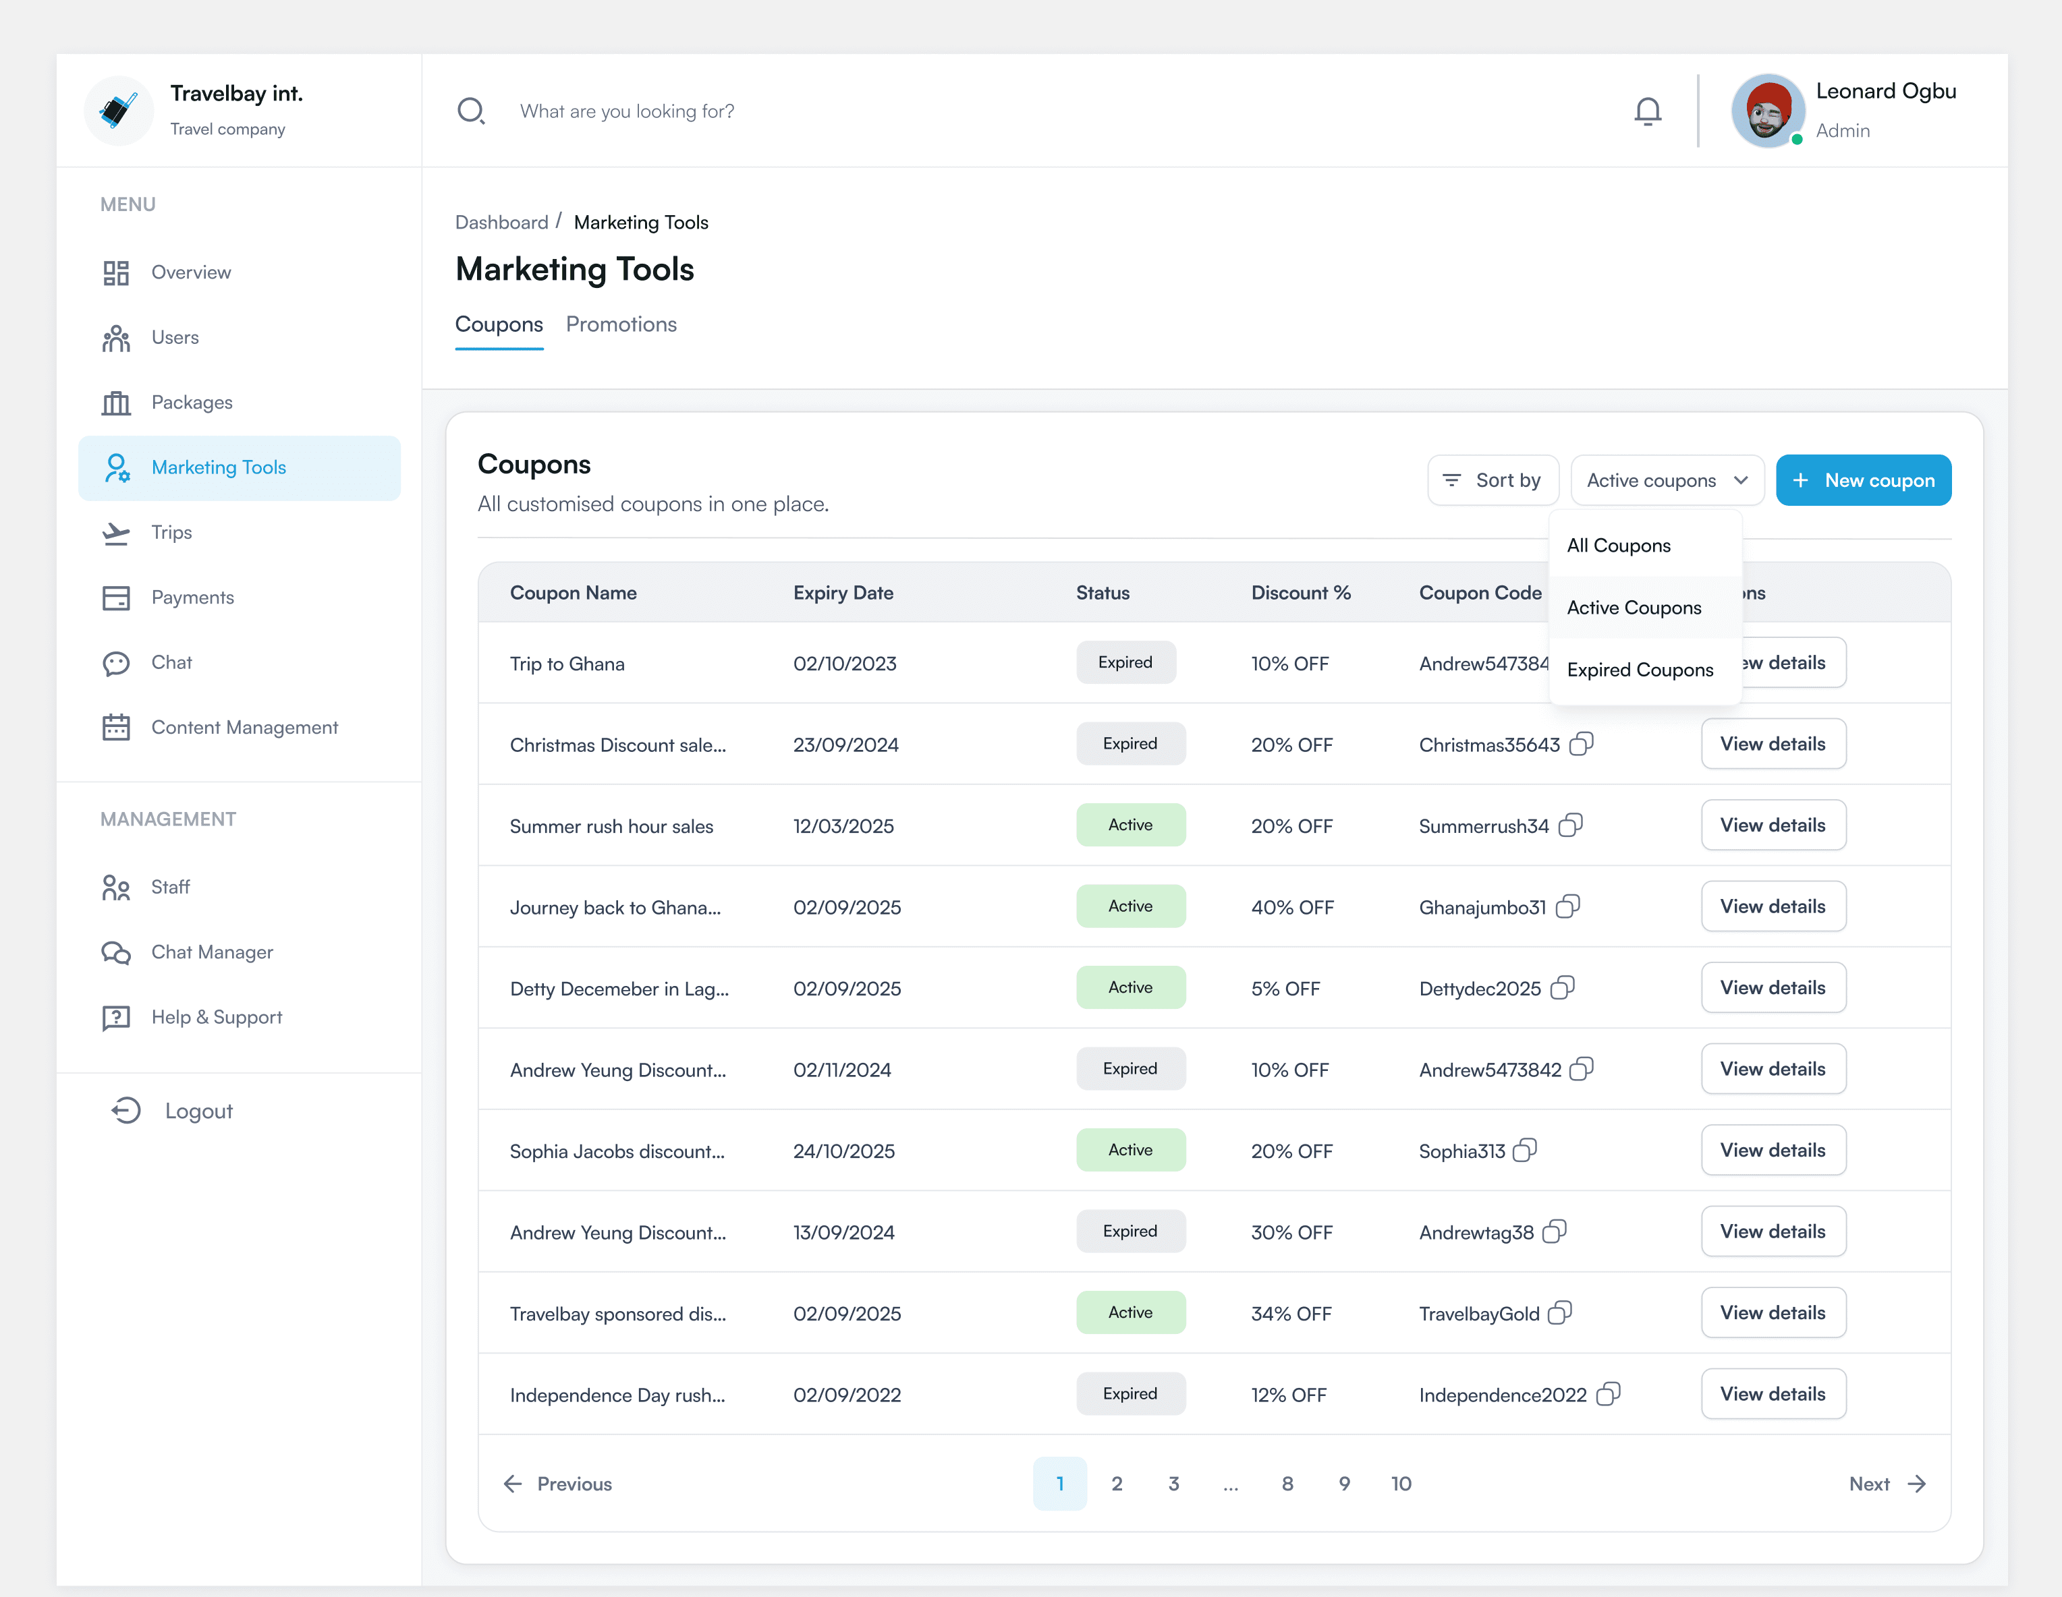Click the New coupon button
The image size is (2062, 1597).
click(1863, 480)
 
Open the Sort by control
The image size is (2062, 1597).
click(1493, 480)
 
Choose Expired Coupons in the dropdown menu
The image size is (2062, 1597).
click(1640, 670)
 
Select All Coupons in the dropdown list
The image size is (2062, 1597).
click(1618, 546)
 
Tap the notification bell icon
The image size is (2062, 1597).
click(1648, 111)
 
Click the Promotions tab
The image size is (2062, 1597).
click(621, 324)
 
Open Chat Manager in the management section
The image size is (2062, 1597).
click(211, 952)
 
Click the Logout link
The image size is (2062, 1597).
click(198, 1111)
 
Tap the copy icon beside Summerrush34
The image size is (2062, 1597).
click(1571, 826)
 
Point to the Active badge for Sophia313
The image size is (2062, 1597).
click(1130, 1151)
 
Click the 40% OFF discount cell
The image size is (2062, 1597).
click(1291, 908)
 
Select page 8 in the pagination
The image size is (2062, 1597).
click(1287, 1484)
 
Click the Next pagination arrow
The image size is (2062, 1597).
click(1887, 1484)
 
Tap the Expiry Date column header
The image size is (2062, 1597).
click(843, 593)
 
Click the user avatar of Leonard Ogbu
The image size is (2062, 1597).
click(1767, 111)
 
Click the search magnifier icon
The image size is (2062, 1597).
click(470, 111)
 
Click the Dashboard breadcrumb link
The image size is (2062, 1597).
click(501, 223)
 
